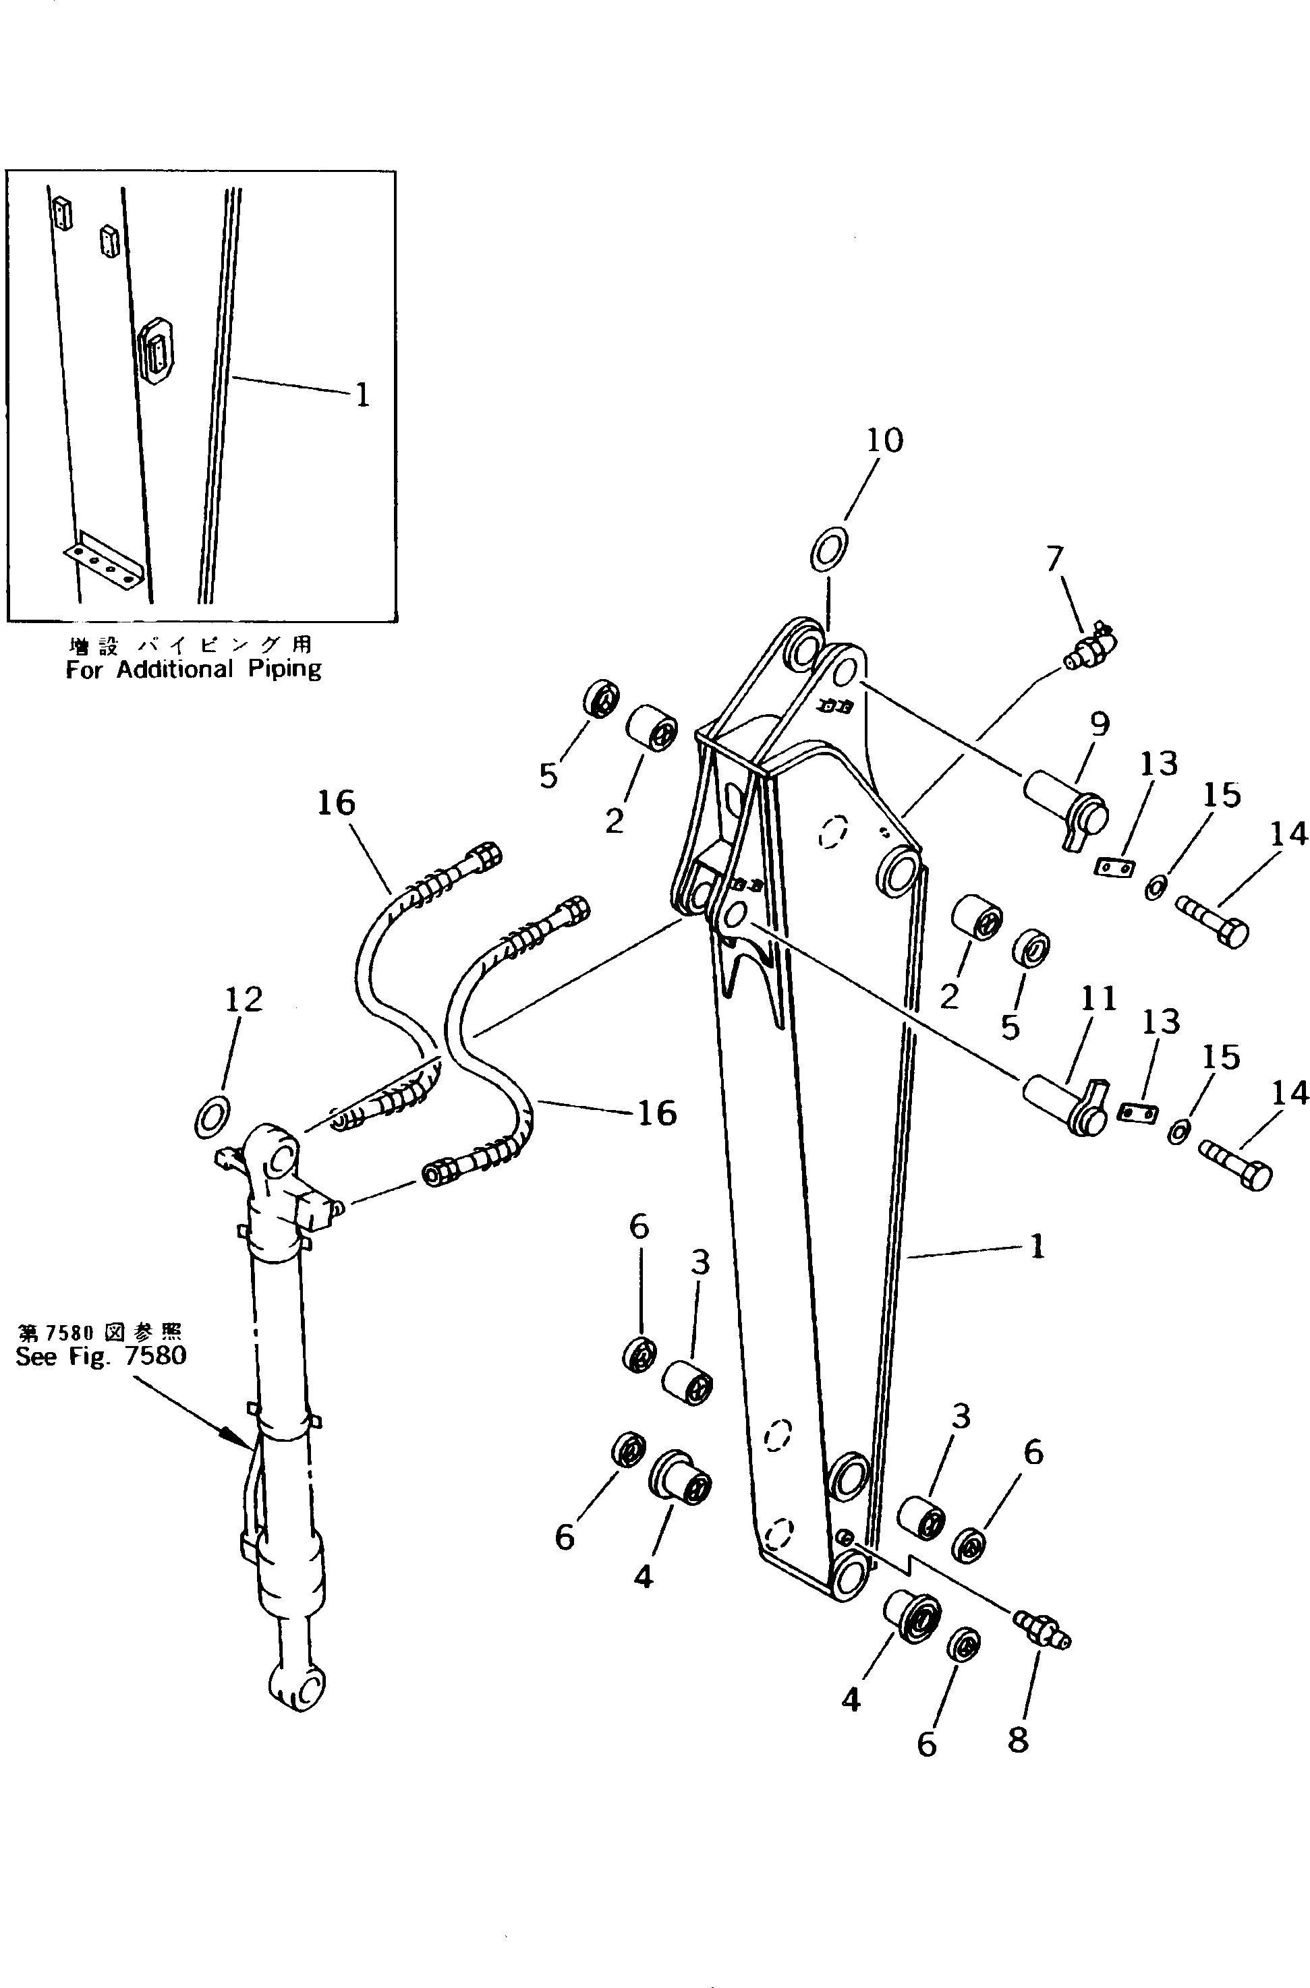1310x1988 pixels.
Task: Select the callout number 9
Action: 1100,724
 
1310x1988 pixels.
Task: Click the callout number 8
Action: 1018,1740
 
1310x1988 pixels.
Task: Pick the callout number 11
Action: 1099,998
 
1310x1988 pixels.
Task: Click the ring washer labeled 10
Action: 829,549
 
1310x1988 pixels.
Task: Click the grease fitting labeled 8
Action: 1041,1630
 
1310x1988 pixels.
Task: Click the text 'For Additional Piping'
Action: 193,669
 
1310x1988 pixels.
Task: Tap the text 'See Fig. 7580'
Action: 101,1355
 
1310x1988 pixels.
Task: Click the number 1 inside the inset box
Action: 362,395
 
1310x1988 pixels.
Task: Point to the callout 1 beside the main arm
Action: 1037,1247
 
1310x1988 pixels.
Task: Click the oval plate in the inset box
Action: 156,349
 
